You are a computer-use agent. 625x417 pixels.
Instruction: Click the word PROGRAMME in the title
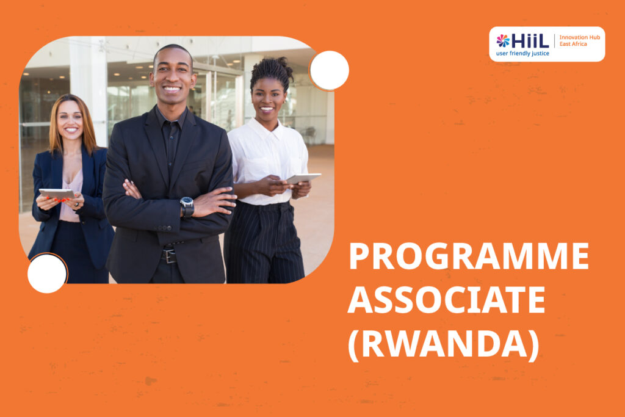(469, 256)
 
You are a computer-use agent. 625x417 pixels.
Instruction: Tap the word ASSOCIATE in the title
(446, 300)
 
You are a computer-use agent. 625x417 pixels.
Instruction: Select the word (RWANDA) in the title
(444, 344)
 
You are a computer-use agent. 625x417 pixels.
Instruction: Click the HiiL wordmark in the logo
(530, 41)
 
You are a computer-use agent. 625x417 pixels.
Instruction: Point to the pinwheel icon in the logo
(503, 41)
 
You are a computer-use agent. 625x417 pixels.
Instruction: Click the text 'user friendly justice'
(522, 53)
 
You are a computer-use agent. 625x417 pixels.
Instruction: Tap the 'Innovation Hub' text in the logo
(580, 37)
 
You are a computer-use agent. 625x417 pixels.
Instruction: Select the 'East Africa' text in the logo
(573, 44)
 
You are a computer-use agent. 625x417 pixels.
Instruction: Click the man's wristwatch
(187, 206)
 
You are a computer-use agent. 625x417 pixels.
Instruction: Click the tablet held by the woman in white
(303, 178)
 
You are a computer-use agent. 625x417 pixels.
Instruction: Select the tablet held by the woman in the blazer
(57, 194)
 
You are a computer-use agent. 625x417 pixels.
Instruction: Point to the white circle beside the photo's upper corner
(329, 71)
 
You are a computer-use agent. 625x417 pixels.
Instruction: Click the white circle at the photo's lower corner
(47, 274)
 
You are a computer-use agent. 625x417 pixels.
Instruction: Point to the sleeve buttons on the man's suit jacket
(164, 228)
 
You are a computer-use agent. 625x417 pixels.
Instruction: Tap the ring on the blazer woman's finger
(77, 205)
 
